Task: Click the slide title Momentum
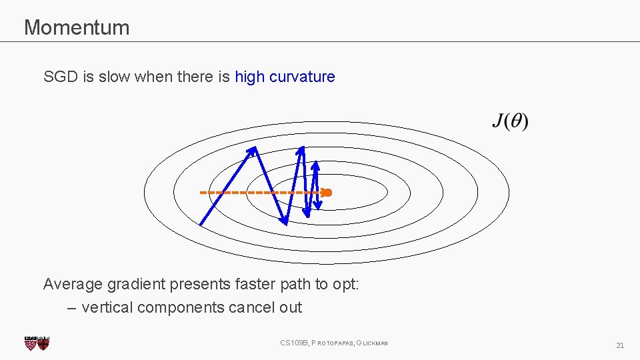pyautogui.click(x=77, y=27)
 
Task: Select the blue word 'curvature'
pyautogui.click(x=302, y=77)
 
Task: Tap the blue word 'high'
pyautogui.click(x=250, y=77)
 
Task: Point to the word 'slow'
pyautogui.click(x=114, y=77)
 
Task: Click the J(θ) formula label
pyautogui.click(x=510, y=122)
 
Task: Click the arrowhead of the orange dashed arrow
pyautogui.click(x=327, y=193)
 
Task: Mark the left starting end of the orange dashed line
pyautogui.click(x=201, y=193)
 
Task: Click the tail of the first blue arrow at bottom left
pyautogui.click(x=202, y=222)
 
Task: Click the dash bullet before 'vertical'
pyautogui.click(x=72, y=308)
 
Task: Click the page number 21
pyautogui.click(x=620, y=345)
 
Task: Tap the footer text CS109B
pyautogui.click(x=294, y=343)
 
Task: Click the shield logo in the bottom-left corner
pyautogui.click(x=37, y=343)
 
